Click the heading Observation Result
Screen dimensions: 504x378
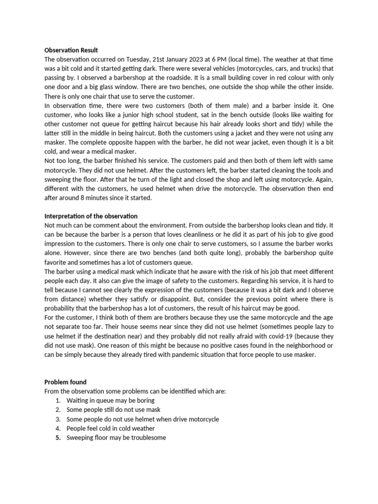point(71,50)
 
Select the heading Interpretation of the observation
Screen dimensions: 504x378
point(91,216)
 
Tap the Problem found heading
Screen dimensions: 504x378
point(65,382)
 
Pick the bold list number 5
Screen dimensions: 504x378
point(58,438)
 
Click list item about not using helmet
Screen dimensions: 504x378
point(143,419)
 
